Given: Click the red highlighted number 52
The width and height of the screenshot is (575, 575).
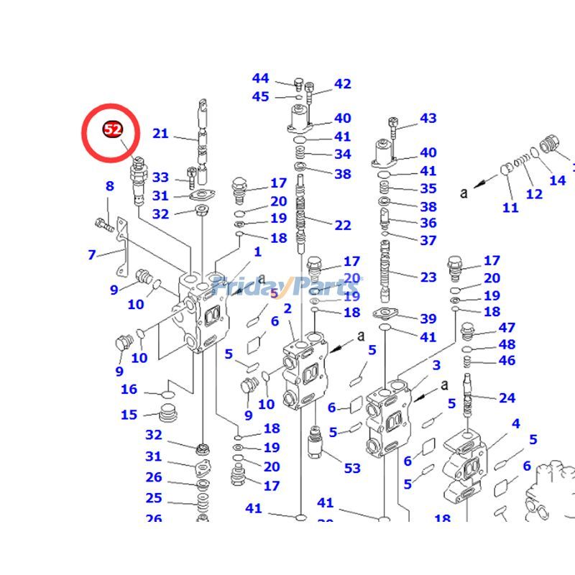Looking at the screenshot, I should pyautogui.click(x=113, y=129).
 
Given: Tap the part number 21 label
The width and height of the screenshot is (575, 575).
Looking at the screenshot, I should pyautogui.click(x=160, y=133).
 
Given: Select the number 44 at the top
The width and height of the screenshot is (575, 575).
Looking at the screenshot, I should pyautogui.click(x=260, y=78).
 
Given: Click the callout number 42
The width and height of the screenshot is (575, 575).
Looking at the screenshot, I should pyautogui.click(x=343, y=84).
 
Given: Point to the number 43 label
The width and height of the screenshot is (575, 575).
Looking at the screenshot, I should pyautogui.click(x=428, y=118).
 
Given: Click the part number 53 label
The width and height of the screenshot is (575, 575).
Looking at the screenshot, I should pyautogui.click(x=352, y=469).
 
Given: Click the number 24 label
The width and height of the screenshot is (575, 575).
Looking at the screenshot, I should pyautogui.click(x=507, y=397).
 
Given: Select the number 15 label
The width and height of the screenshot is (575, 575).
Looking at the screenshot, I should pyautogui.click(x=129, y=415).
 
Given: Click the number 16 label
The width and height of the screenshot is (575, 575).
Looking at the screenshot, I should pyautogui.click(x=129, y=390).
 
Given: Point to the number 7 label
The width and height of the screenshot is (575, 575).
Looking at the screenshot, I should pyautogui.click(x=92, y=254).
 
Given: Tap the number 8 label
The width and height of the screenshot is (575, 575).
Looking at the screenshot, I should pyautogui.click(x=109, y=186).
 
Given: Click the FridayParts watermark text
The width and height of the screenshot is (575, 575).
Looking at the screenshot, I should pyautogui.click(x=287, y=286).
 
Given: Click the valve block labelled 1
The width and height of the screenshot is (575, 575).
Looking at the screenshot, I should pyautogui.click(x=205, y=313).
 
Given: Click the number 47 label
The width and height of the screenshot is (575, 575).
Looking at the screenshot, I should pyautogui.click(x=507, y=328).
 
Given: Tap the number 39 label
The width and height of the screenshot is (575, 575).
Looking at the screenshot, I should pyautogui.click(x=428, y=319).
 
